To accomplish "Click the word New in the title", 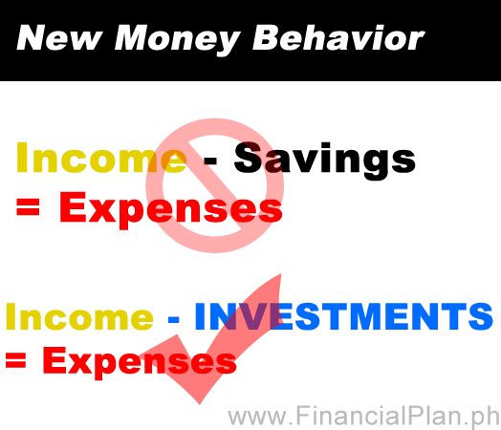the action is click(59, 37).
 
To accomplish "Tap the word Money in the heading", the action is click(177, 40).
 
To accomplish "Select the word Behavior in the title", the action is click(338, 37).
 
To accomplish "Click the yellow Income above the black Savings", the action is click(101, 158).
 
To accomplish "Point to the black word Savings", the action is click(325, 161).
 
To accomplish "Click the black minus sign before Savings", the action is click(210, 161).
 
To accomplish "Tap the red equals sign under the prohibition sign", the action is click(28, 206).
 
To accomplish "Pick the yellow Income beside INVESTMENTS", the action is click(79, 316).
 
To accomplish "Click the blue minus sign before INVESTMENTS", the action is click(173, 319).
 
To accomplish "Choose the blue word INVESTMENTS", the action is click(344, 316).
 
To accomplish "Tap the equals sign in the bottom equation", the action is click(15, 360).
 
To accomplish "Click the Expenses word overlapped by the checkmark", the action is click(140, 363).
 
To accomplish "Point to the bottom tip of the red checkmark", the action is click(200, 404).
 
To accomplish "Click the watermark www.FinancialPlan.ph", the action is click(363, 416).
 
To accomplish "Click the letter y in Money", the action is click(227, 44).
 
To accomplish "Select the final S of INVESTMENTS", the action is click(481, 316).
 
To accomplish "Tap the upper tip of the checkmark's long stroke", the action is click(280, 274).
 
